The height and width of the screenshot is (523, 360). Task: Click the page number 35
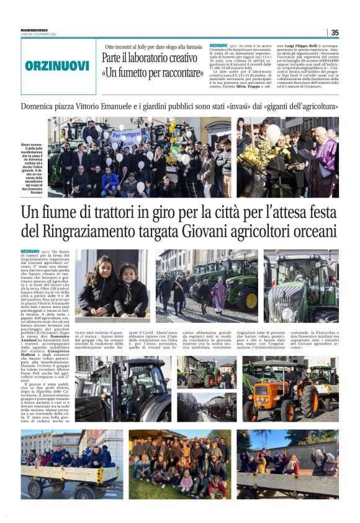click(x=335, y=32)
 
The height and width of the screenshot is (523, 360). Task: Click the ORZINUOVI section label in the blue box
click(x=58, y=65)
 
